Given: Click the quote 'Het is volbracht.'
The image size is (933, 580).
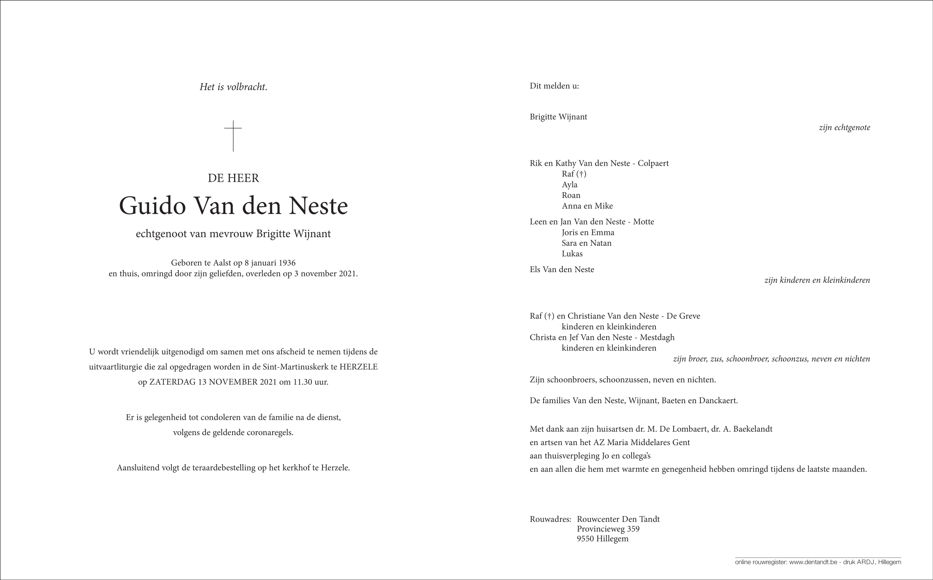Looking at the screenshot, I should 233,87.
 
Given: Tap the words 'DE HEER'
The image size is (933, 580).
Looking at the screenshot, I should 233,178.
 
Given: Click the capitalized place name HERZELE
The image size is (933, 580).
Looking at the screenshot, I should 359,367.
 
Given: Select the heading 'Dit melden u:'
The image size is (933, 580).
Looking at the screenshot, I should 554,86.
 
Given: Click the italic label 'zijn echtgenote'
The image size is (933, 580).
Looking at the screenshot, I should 844,128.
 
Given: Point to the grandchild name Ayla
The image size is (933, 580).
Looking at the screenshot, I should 569,184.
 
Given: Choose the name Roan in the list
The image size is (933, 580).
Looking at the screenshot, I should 571,195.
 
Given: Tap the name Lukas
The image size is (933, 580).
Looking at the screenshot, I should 572,254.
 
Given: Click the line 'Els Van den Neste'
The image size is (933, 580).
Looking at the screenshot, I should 562,269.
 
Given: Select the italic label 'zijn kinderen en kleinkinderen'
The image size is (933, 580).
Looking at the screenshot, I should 817,280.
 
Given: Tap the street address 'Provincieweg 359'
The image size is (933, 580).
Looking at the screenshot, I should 608,529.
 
